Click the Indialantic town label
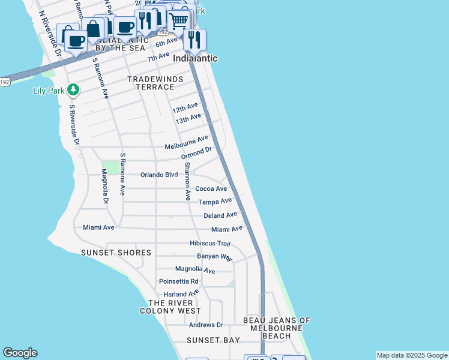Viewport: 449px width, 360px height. coord(195,59)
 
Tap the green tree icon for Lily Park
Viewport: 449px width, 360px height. coord(73,90)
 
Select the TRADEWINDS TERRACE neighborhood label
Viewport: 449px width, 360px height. coord(150,83)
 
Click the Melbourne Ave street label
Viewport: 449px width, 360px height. coord(186,146)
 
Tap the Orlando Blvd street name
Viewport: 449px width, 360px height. coord(159,175)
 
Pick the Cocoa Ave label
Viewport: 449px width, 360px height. coord(211,188)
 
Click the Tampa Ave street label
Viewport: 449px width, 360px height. coord(215,202)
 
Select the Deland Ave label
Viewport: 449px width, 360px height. coord(220,215)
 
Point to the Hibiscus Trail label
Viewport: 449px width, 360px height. coord(210,243)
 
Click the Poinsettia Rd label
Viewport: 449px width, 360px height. coord(178,281)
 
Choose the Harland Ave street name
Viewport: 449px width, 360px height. coord(181,294)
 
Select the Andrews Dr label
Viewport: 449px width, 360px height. coord(205,325)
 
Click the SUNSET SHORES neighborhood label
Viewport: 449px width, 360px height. coord(116,253)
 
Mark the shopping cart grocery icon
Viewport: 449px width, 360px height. coord(178,20)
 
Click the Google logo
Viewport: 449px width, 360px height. coord(20,353)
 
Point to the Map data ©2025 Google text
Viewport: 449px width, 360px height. coord(412,355)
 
